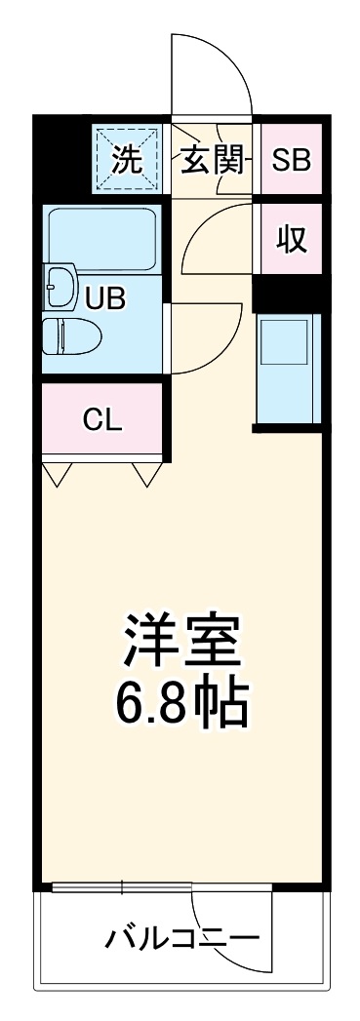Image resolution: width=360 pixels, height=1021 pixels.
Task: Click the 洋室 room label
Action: [x=181, y=641]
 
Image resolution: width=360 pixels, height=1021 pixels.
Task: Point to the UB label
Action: [x=104, y=297]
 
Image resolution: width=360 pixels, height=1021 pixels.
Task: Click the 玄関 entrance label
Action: [x=209, y=160]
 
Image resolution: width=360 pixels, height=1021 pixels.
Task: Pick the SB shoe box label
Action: [x=291, y=160]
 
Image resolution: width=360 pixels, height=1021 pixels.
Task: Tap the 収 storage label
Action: [x=291, y=239]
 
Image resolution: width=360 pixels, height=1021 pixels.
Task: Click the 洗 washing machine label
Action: [x=126, y=160]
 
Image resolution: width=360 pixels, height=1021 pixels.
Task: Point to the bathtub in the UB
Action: [x=101, y=233]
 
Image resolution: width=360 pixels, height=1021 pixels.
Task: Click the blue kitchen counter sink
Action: [x=288, y=369]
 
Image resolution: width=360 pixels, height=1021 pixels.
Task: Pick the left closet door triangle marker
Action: [x=58, y=474]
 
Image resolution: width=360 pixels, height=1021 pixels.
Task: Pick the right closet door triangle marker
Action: [x=146, y=474]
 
